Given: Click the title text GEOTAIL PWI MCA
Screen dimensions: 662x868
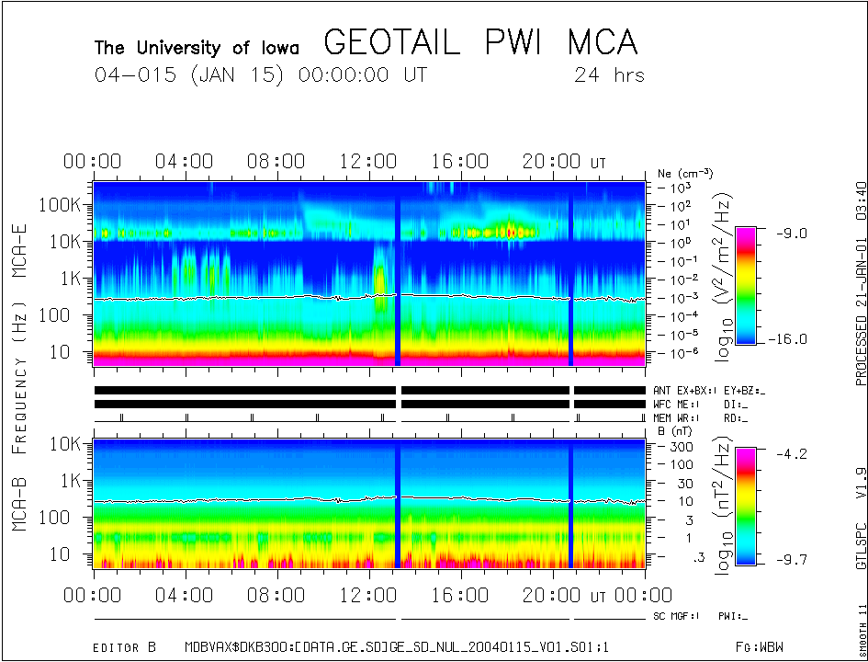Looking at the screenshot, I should [480, 43].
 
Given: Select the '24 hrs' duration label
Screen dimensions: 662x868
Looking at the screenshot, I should [609, 75].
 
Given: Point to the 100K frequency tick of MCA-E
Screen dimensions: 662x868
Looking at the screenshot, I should [62, 204].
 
